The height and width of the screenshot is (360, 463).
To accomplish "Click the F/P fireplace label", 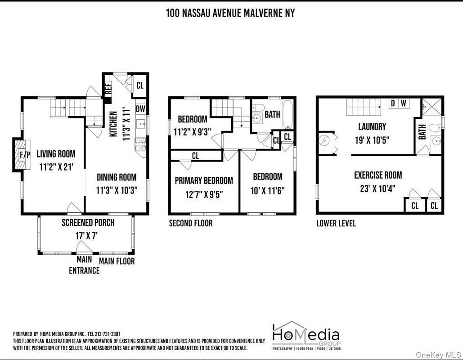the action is click(x=25, y=155).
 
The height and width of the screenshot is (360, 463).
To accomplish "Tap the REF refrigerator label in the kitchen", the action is click(x=108, y=88).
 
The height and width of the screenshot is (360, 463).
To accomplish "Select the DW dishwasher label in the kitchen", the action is click(x=140, y=109).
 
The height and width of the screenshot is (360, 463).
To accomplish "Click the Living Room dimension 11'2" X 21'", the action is click(x=56, y=167).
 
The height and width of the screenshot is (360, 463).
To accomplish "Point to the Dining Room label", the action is click(x=117, y=177).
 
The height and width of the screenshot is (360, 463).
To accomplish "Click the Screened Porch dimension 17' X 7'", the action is click(x=86, y=236).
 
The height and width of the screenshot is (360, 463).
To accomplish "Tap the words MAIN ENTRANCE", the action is click(x=84, y=265).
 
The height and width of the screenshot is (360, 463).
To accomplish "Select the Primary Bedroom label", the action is click(x=204, y=180).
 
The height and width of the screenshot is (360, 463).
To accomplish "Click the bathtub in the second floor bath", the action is click(x=288, y=115).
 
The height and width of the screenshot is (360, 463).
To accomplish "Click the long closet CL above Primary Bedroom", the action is click(x=195, y=156).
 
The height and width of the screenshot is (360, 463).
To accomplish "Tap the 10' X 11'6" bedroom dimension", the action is click(x=268, y=191).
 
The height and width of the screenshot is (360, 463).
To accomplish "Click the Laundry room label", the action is click(x=372, y=127).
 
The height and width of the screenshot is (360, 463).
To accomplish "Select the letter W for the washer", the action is click(x=403, y=103).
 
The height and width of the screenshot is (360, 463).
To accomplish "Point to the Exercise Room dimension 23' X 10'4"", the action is click(x=378, y=189).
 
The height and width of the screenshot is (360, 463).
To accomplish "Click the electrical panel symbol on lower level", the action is click(x=326, y=141).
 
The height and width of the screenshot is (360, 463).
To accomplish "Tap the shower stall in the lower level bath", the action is click(x=432, y=107).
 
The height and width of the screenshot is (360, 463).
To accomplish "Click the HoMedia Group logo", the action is click(x=306, y=336).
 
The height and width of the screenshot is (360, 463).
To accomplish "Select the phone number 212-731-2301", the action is click(x=108, y=334).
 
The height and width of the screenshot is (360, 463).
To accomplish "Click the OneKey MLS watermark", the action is click(x=438, y=355).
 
